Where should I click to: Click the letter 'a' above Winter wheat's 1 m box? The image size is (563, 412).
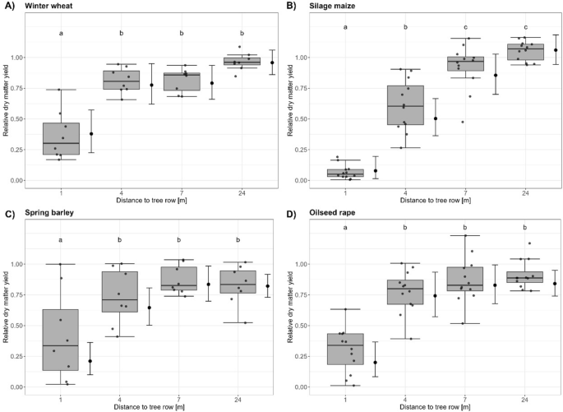62,34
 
